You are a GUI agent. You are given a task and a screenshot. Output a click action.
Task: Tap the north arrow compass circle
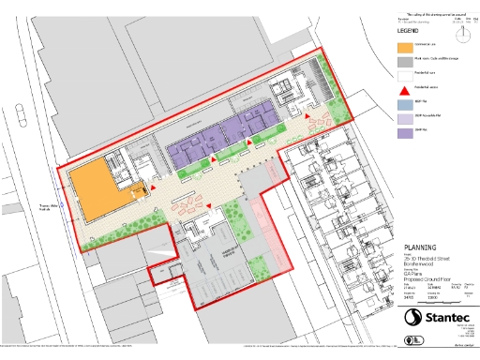[460, 33]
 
